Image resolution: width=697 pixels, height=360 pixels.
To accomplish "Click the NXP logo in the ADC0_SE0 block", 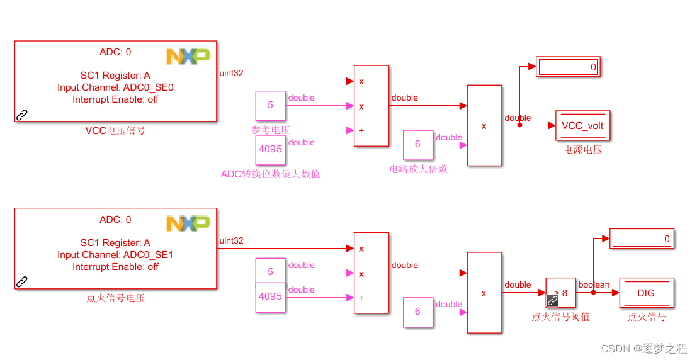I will pos(188,56).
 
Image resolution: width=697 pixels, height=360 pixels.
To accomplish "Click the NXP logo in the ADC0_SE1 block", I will pos(188,223).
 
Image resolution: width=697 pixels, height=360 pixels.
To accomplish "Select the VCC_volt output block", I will pos(582,126).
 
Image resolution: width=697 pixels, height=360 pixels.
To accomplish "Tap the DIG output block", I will pos(646,293).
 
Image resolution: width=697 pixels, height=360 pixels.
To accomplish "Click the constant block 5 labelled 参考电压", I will pos(271,106).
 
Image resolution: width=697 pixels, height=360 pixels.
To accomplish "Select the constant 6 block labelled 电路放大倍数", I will pos(417,145).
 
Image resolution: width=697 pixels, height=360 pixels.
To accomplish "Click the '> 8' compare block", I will pos(560,293).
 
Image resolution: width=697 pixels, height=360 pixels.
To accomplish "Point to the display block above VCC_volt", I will pos(568,67).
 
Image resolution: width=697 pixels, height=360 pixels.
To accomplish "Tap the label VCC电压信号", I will pos(115,132).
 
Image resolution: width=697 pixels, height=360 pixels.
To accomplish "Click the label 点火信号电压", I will pos(115,298).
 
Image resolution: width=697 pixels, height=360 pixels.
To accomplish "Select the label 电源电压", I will pos(583,150).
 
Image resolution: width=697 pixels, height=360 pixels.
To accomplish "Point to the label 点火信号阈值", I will pos(560,317).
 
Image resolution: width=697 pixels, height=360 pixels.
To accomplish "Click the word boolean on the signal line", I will pos(594,285).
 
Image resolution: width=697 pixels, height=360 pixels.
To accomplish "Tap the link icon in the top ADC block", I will pos(22,115).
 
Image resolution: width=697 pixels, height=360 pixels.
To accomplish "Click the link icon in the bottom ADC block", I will pos(22,281).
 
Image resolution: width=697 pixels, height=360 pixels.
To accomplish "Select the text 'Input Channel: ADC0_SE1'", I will pos(115,255).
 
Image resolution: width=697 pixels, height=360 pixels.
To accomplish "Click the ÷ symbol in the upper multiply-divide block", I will pos(361,131).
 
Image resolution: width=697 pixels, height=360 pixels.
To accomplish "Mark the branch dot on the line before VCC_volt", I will pos(519,125).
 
